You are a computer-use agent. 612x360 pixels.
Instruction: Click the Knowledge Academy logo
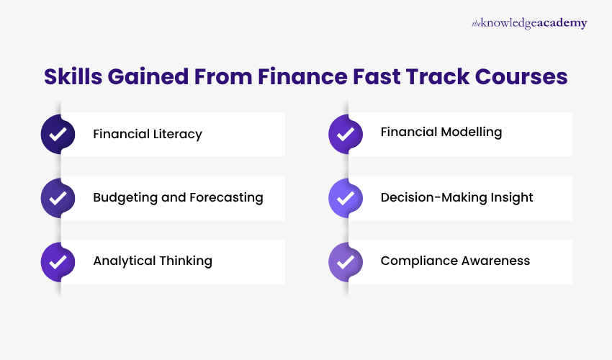point(529,23)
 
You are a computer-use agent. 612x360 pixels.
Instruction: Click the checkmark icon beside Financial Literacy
point(58,134)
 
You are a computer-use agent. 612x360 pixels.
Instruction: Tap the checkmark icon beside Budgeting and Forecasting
point(58,197)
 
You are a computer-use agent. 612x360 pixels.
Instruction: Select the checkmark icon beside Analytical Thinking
point(58,261)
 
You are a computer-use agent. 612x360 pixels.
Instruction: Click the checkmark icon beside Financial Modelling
point(346,134)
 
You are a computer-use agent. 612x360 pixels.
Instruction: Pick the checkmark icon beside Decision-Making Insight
point(346,197)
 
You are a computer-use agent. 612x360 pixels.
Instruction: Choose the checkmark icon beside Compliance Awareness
point(346,261)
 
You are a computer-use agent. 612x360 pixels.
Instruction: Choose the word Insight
point(510,197)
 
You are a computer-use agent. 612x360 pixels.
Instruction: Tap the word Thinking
point(185,261)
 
